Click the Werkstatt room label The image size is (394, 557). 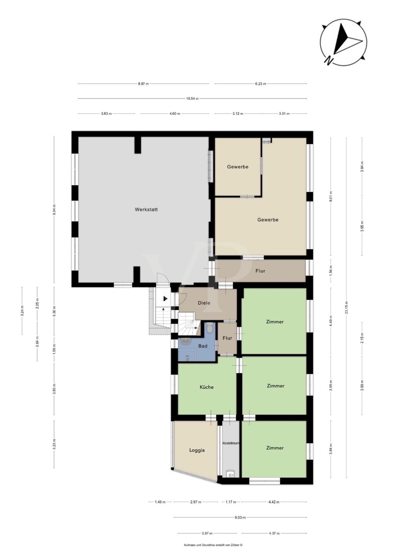click(146, 209)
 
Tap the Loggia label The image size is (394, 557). click(197, 450)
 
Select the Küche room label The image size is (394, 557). click(207, 387)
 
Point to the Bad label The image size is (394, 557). click(203, 346)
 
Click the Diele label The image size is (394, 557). click(204, 303)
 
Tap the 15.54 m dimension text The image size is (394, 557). click(193, 99)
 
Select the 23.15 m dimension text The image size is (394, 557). click(346, 307)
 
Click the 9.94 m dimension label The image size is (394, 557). click(54, 210)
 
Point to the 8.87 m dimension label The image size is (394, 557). click(143, 84)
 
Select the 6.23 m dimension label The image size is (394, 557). click(261, 84)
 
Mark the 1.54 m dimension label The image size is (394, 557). click(331, 271)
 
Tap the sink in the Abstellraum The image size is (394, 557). click(230, 475)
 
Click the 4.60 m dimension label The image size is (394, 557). click(175, 114)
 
